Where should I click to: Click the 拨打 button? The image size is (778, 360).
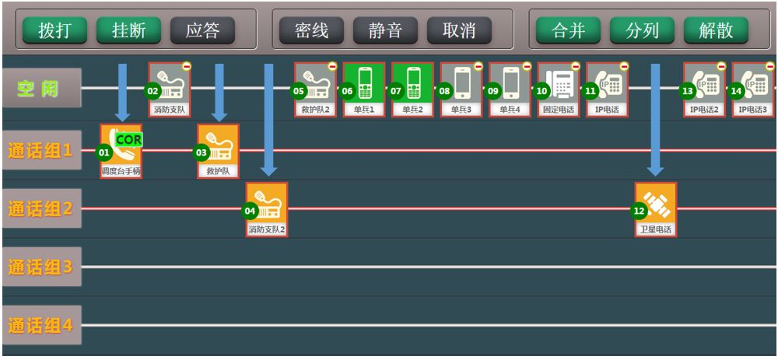(x=54, y=30)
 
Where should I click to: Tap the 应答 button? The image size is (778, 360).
(x=202, y=30)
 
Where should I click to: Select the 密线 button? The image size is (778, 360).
(x=311, y=30)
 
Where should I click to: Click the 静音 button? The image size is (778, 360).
(x=385, y=30)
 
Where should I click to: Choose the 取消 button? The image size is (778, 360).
(x=459, y=30)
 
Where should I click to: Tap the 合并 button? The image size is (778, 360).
(x=568, y=30)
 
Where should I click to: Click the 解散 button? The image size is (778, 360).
(x=716, y=30)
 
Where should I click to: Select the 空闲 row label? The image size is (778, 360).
(x=40, y=88)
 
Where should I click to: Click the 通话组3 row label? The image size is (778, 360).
(x=40, y=267)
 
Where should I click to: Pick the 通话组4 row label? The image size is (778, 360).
(x=40, y=325)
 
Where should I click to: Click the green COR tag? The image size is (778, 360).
(x=129, y=139)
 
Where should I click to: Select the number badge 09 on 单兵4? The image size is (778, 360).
(x=493, y=91)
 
